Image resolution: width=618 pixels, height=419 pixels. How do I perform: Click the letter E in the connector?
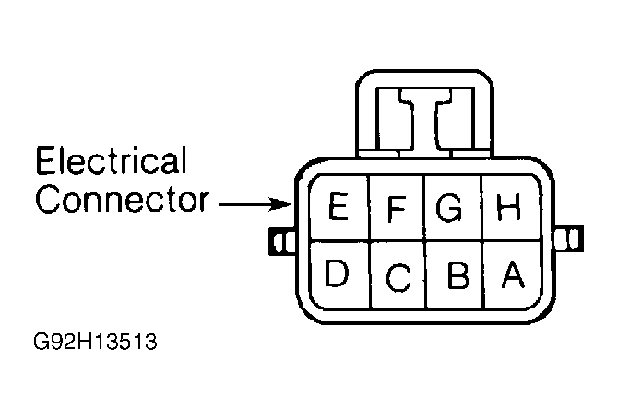click(x=339, y=206)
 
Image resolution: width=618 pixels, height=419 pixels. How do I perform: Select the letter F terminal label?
click(x=397, y=208)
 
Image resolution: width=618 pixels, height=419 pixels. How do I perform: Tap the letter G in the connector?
click(x=449, y=207)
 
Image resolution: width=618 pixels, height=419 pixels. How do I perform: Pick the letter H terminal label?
click(x=509, y=206)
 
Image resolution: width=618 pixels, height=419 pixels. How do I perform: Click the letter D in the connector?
click(x=337, y=273)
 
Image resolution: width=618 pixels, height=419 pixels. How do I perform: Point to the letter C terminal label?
click(x=398, y=278)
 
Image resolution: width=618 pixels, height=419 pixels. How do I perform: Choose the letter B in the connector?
click(x=458, y=275)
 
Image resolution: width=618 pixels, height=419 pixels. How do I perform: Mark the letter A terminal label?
click(x=513, y=274)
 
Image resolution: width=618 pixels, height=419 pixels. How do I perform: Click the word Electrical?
click(x=111, y=160)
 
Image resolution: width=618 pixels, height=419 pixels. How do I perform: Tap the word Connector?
click(x=122, y=200)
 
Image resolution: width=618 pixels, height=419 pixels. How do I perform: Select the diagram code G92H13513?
click(x=95, y=342)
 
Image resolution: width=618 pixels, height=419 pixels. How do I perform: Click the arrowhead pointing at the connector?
click(x=282, y=204)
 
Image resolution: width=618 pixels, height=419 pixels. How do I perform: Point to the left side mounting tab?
click(x=282, y=241)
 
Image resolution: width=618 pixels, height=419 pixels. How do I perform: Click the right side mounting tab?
click(x=568, y=239)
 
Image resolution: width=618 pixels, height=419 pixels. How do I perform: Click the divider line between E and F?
click(x=369, y=208)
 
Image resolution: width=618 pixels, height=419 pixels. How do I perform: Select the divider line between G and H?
click(x=481, y=208)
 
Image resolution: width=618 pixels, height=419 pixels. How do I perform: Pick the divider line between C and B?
click(x=426, y=275)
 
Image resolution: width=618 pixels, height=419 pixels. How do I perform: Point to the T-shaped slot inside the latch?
click(x=425, y=118)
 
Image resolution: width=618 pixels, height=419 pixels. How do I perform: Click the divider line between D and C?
click(x=370, y=275)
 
